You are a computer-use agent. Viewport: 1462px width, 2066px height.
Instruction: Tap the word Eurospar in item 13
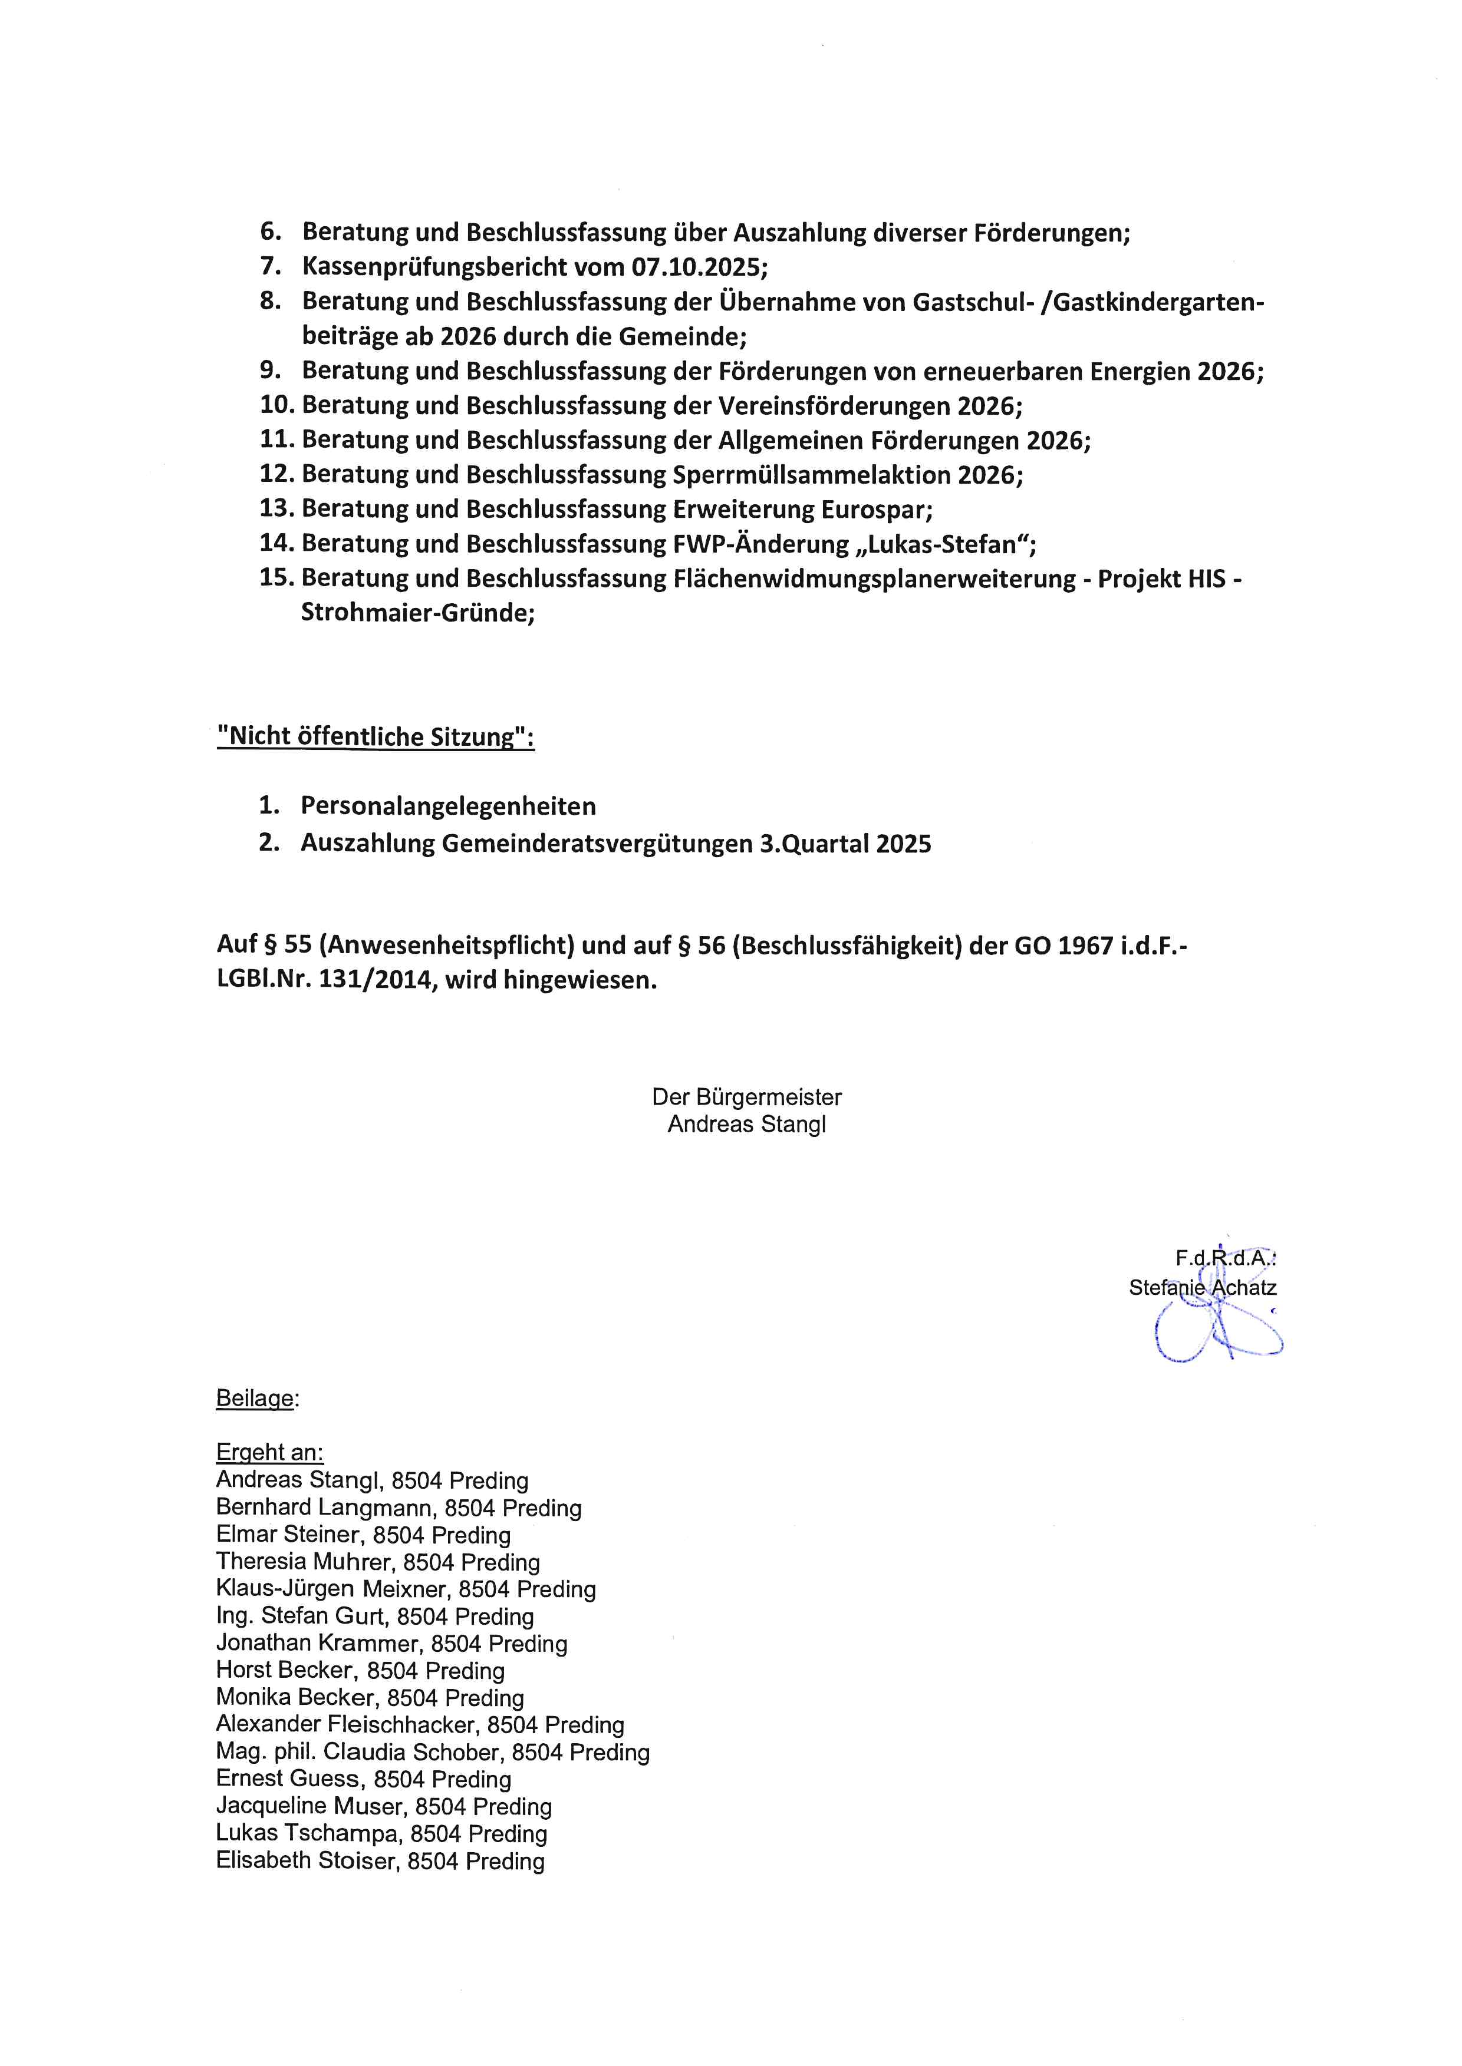(x=875, y=510)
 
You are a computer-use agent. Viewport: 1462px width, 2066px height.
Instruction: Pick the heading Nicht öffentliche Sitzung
(x=376, y=737)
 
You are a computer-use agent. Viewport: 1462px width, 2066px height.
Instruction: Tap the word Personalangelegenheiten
(x=447, y=806)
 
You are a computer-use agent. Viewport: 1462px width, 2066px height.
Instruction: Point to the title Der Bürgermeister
(x=746, y=1098)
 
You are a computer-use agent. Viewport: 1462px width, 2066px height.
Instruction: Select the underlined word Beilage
(x=255, y=1399)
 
